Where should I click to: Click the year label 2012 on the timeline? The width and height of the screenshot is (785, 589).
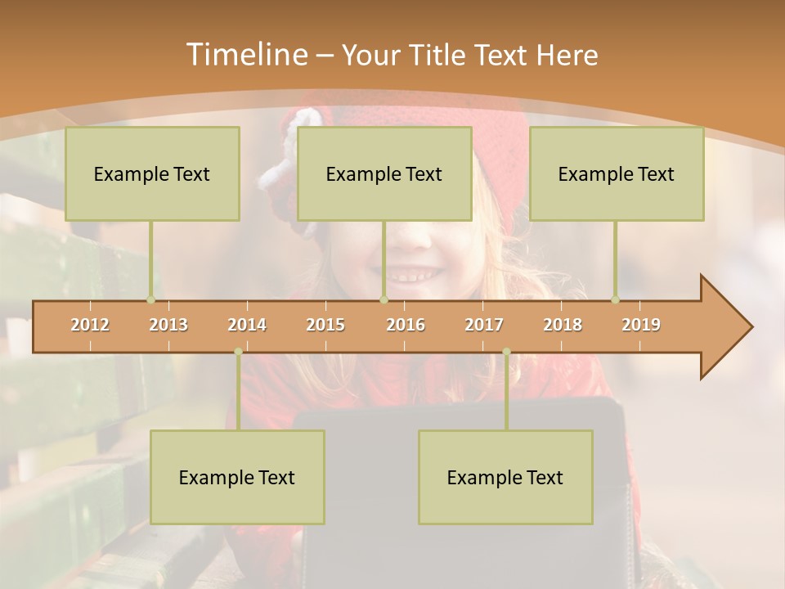(90, 325)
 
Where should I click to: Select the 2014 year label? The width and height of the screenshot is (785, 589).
(247, 325)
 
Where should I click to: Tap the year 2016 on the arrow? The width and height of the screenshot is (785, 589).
(406, 325)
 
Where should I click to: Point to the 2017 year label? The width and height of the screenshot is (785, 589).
(484, 325)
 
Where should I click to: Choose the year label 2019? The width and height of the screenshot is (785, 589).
(641, 325)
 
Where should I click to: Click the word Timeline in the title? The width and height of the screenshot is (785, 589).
(245, 55)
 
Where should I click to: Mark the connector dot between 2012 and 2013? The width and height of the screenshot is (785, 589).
(150, 299)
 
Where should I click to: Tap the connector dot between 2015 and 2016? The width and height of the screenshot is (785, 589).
(384, 299)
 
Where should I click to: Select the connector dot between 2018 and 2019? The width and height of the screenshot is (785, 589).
(616, 299)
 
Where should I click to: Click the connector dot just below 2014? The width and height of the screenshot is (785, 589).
(238, 352)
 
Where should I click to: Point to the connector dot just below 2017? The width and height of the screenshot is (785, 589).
(506, 352)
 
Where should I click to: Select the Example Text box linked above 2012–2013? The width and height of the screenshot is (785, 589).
(152, 173)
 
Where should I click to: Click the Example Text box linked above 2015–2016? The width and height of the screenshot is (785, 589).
(384, 173)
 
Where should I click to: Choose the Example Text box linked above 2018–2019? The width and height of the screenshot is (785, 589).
(617, 173)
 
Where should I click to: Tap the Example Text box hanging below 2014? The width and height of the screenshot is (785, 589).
(237, 477)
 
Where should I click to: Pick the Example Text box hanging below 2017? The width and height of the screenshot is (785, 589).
(505, 477)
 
